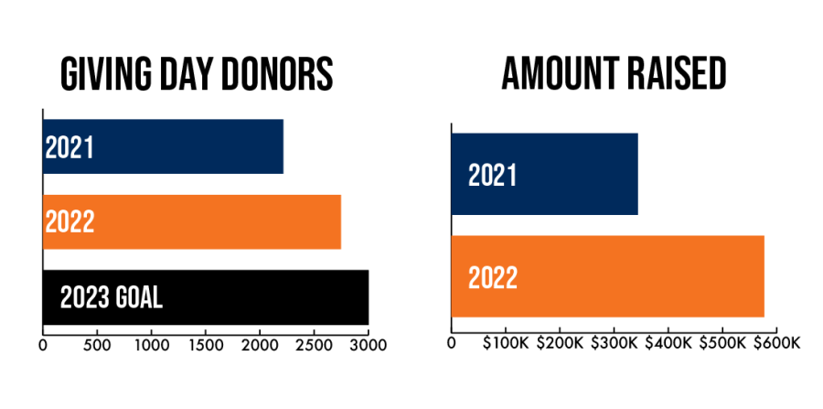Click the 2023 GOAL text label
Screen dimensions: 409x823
[x=111, y=297]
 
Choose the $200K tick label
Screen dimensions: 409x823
[x=559, y=343]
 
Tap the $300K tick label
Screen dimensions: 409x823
[x=613, y=343]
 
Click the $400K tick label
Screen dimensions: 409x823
[x=668, y=343]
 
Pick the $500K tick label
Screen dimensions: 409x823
[x=721, y=343]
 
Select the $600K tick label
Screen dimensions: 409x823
[x=775, y=343]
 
